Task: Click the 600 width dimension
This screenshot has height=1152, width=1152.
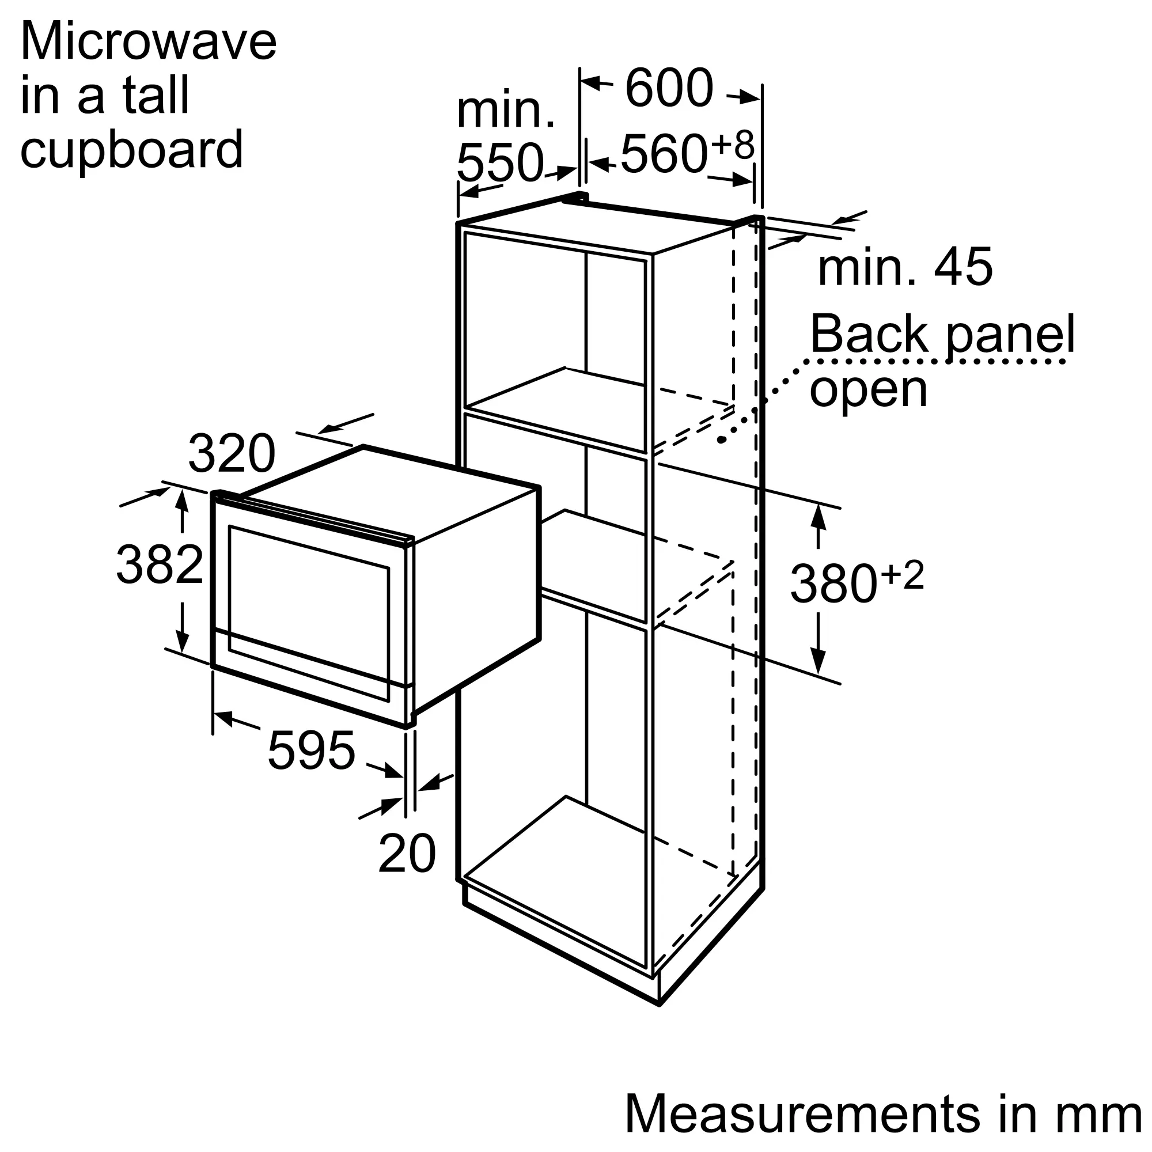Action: (x=669, y=88)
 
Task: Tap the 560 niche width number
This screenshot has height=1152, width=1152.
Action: (x=664, y=154)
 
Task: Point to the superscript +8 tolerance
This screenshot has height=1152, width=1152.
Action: (x=733, y=145)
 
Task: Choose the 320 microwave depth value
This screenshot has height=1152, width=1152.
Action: (x=232, y=454)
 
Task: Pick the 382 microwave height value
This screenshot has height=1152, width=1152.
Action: (x=160, y=564)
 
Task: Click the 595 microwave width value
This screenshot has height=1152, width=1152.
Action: (x=311, y=750)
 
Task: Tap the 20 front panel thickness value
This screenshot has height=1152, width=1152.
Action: (x=407, y=853)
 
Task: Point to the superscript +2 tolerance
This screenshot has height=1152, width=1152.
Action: (x=902, y=575)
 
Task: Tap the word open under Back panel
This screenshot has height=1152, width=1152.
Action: (x=868, y=391)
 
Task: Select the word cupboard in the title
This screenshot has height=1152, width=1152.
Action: (x=132, y=150)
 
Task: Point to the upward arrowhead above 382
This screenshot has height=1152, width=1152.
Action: (x=182, y=501)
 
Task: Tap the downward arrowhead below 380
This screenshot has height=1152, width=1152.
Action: (x=818, y=661)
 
